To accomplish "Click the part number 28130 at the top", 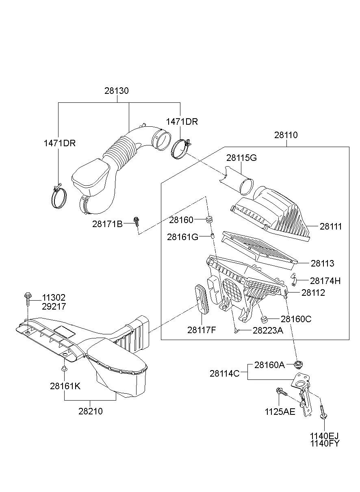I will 117,91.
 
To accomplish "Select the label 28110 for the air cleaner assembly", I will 286,135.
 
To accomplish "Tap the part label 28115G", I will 241,158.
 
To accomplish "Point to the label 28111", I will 331,227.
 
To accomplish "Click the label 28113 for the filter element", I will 323,263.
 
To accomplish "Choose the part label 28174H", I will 325,281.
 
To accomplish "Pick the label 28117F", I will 202,329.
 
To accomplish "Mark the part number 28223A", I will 268,331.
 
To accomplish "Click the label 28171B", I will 107,223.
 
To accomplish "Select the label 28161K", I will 65,386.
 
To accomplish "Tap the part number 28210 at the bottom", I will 91,411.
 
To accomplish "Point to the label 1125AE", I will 280,411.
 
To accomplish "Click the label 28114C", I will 225,373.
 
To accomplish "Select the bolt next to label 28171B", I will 137,221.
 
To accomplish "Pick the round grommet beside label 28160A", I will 299,363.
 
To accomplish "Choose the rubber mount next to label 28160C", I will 264,318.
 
